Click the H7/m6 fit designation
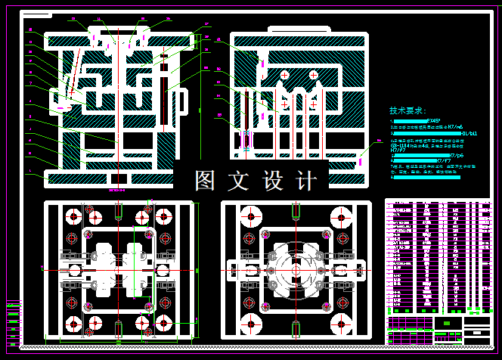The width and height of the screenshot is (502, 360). (x=453, y=126)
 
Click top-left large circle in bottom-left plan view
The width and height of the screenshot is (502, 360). (x=73, y=216)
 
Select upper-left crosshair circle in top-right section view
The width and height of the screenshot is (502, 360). (x=284, y=76)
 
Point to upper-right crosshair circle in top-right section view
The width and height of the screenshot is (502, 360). (x=313, y=74)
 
